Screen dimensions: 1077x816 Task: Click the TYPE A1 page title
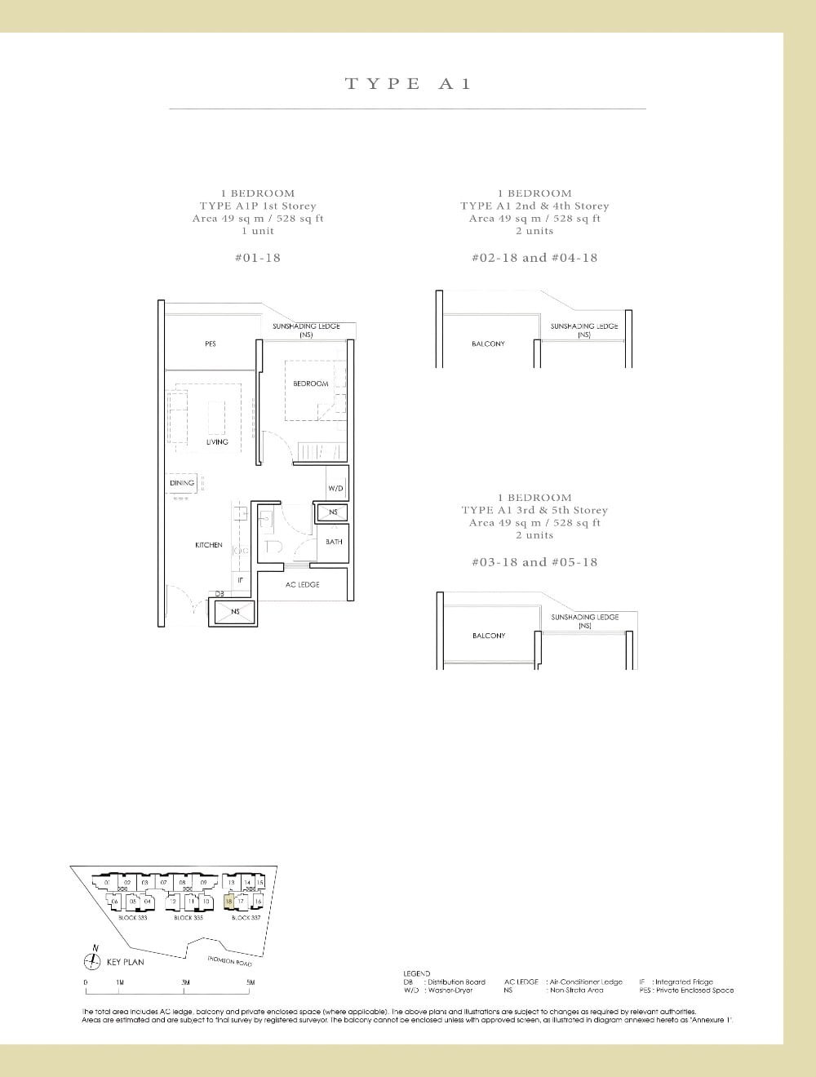pos(408,83)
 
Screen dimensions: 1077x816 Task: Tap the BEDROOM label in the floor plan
pos(311,383)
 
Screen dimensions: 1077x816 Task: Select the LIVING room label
pos(217,442)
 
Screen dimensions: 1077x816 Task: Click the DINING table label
pos(182,483)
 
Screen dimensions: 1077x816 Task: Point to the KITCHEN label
pos(209,545)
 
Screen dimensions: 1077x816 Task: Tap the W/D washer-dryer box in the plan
pos(335,488)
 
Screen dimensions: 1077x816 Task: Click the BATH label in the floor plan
pos(334,542)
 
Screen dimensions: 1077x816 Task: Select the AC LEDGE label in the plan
pos(302,585)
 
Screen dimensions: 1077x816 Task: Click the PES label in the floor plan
pos(211,344)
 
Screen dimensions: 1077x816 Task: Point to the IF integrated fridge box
pos(240,579)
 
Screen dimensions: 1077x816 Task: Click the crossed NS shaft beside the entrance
pos(235,612)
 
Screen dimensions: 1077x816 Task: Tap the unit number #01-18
pos(257,258)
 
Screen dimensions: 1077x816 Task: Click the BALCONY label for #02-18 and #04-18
pos(488,344)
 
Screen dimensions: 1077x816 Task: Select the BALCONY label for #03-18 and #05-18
pos(488,636)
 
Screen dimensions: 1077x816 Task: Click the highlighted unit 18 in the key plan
pos(229,902)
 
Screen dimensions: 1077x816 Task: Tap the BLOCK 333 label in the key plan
pos(132,918)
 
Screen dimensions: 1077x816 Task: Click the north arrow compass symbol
pos(95,960)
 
